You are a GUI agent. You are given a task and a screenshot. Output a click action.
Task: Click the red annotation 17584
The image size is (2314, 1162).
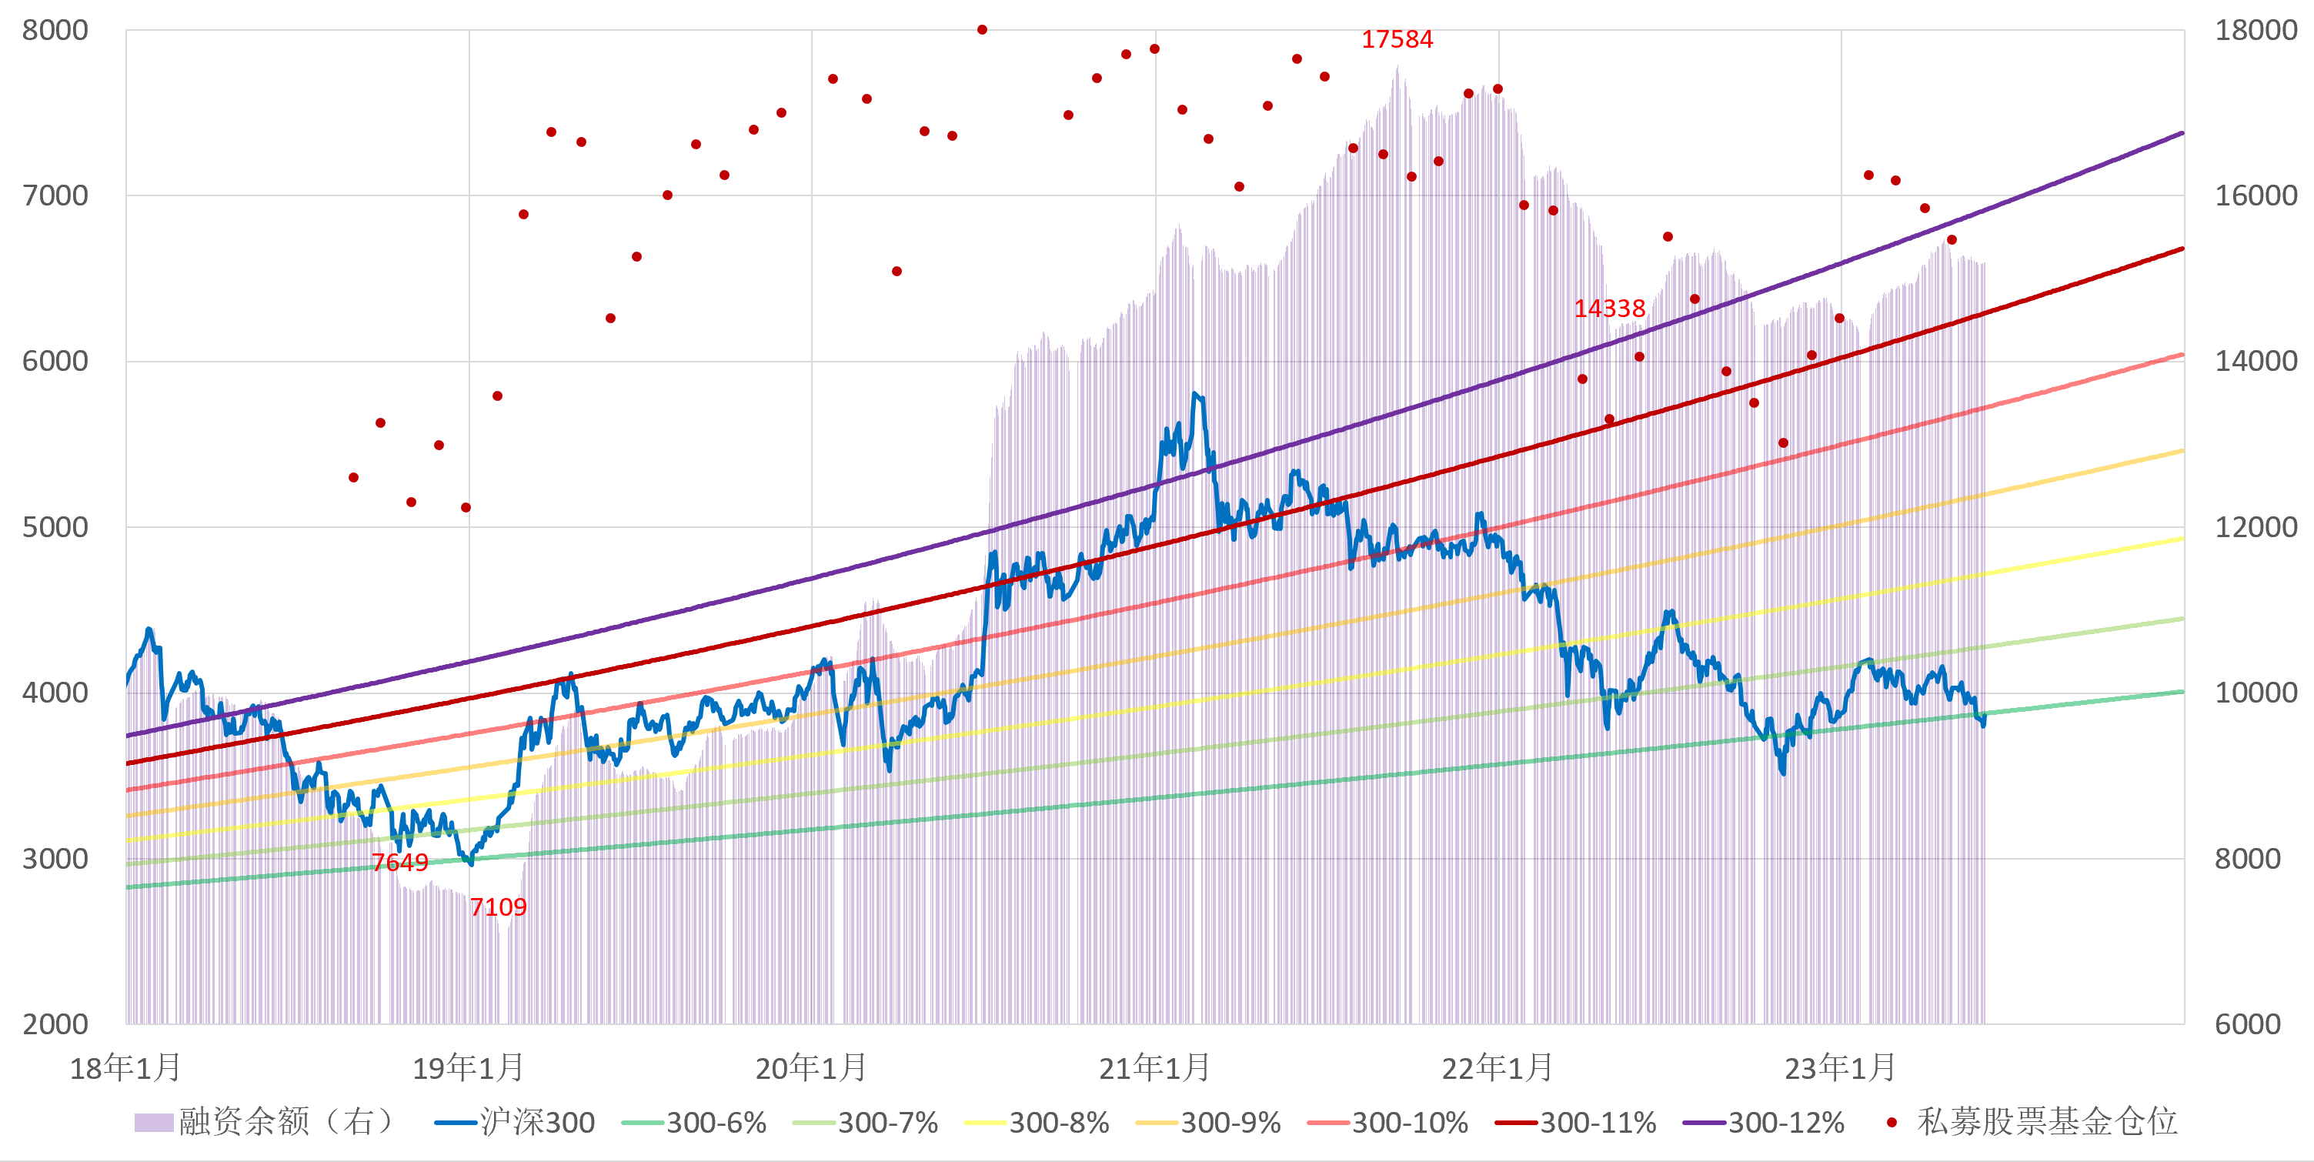pos(1396,39)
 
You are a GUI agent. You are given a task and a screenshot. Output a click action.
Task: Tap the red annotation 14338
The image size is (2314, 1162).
pos(1609,309)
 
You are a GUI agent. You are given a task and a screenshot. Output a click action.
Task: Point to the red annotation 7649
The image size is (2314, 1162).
pos(399,862)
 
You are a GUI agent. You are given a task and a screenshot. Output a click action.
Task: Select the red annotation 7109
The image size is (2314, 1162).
pos(498,907)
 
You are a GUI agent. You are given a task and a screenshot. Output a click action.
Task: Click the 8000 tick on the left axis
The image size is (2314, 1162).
pos(55,31)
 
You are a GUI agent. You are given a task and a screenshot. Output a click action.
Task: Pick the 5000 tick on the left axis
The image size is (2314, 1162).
pos(55,527)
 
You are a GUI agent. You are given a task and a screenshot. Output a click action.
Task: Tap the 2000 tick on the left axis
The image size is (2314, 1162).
pos(55,1023)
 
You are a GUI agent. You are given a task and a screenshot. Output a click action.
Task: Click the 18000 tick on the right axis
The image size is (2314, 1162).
pos(2256,31)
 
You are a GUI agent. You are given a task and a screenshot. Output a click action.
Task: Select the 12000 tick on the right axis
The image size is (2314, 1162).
pos(2256,527)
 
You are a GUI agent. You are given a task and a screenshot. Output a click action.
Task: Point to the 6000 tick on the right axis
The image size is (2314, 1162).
pos(2248,1023)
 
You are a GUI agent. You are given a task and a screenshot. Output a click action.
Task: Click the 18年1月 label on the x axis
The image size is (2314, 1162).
pos(125,1067)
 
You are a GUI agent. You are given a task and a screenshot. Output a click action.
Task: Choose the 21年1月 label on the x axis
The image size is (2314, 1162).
pos(1154,1067)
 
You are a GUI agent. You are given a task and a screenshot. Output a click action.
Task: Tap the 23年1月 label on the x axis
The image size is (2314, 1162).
pos(1840,1067)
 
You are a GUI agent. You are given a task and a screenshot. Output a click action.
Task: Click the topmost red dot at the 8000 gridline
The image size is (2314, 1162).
pos(982,30)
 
